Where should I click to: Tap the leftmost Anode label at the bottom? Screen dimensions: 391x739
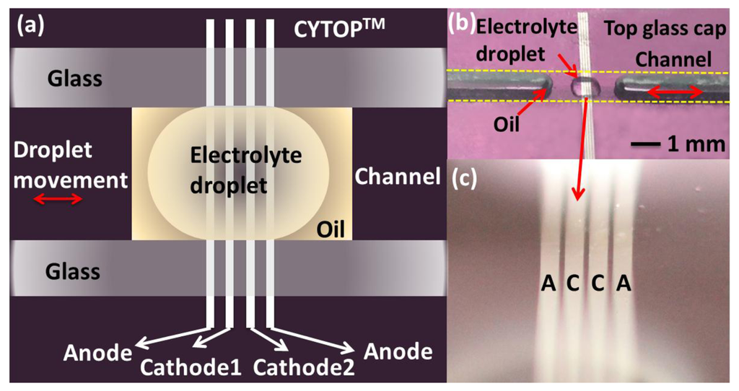[x=97, y=353]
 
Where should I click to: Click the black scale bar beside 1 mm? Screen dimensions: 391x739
[x=645, y=144]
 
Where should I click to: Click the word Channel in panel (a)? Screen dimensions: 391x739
[x=397, y=176]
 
